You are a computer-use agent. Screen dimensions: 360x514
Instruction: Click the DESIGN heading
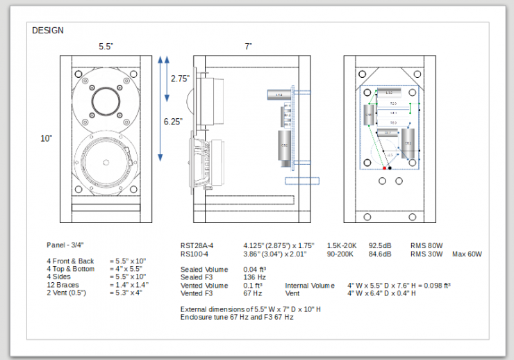point(48,31)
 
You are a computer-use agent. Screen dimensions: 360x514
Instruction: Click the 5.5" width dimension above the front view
point(106,47)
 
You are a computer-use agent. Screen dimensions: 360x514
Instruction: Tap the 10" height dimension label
point(47,138)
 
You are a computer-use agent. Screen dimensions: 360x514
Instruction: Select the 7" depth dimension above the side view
point(248,47)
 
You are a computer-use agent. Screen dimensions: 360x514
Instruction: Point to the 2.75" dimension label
point(180,79)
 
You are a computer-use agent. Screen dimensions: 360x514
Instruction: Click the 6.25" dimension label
point(174,121)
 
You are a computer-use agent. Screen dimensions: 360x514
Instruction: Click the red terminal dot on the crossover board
point(384,168)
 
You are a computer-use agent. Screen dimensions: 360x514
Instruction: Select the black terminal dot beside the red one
point(390,168)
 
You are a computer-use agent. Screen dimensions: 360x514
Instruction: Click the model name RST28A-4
point(197,245)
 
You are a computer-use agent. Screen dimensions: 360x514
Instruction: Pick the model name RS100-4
point(194,254)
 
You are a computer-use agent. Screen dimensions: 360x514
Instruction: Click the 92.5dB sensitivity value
point(380,245)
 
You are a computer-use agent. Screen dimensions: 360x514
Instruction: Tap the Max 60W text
point(467,254)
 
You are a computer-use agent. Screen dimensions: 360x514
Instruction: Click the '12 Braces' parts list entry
point(63,285)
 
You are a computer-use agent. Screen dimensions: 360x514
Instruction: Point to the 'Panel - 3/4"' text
point(69,245)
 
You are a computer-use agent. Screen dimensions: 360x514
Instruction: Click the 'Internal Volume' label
point(310,285)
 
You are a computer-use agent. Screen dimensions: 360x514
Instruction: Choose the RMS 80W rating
point(426,245)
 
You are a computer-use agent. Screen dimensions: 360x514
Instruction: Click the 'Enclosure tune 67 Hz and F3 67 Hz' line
point(236,317)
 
